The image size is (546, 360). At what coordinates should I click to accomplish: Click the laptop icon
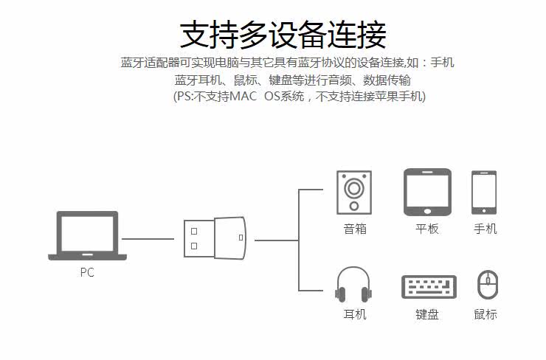[x=87, y=236]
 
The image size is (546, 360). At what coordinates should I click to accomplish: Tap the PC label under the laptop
[x=87, y=272]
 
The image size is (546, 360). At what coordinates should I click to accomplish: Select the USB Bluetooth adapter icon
[x=215, y=238]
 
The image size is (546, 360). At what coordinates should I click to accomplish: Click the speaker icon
[x=354, y=193]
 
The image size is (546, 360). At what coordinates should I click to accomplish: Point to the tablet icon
[x=427, y=192]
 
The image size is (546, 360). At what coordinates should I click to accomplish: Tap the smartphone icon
[x=484, y=193]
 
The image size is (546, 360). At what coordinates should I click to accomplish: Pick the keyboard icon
[x=429, y=287]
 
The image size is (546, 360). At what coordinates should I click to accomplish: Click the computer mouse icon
[x=487, y=285]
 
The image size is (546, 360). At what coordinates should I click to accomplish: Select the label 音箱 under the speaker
[x=355, y=229]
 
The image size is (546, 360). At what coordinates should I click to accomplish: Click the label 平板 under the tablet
[x=427, y=229]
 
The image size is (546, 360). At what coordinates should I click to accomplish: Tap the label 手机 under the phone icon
[x=485, y=229]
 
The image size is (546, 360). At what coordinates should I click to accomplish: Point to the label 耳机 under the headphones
[x=355, y=314]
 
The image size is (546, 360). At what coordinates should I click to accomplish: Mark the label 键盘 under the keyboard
[x=427, y=314]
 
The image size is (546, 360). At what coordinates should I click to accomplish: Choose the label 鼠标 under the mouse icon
[x=485, y=314]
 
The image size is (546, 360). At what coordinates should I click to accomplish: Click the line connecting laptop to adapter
[x=148, y=238]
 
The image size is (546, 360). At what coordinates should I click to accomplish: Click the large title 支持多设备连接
[x=283, y=35]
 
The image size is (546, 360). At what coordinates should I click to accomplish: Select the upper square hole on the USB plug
[x=194, y=230]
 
